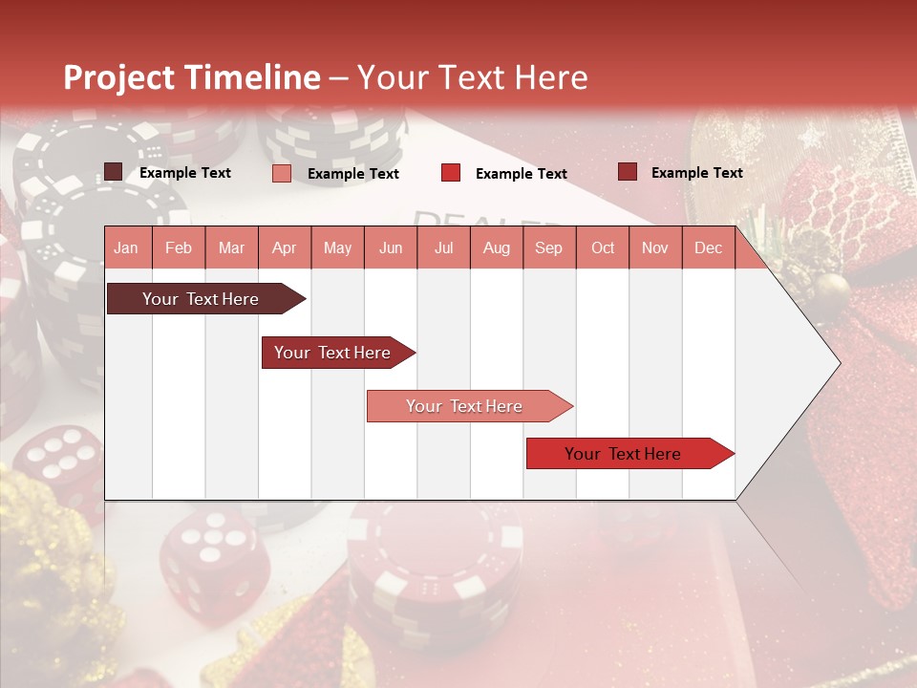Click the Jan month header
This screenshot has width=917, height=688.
126,247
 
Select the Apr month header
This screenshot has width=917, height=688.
284,247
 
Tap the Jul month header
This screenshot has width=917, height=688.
443,247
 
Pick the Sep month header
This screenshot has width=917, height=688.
548,247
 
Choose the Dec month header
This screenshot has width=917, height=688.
708,247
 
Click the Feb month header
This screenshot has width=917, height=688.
179,247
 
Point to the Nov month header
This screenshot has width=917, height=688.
655,247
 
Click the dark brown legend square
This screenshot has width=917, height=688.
114,172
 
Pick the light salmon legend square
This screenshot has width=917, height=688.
282,173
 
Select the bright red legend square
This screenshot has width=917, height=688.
451,173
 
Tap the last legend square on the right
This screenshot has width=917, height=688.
628,172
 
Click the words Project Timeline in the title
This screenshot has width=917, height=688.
192,77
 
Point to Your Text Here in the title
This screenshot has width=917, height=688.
473,77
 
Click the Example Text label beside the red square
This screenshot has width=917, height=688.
521,173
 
